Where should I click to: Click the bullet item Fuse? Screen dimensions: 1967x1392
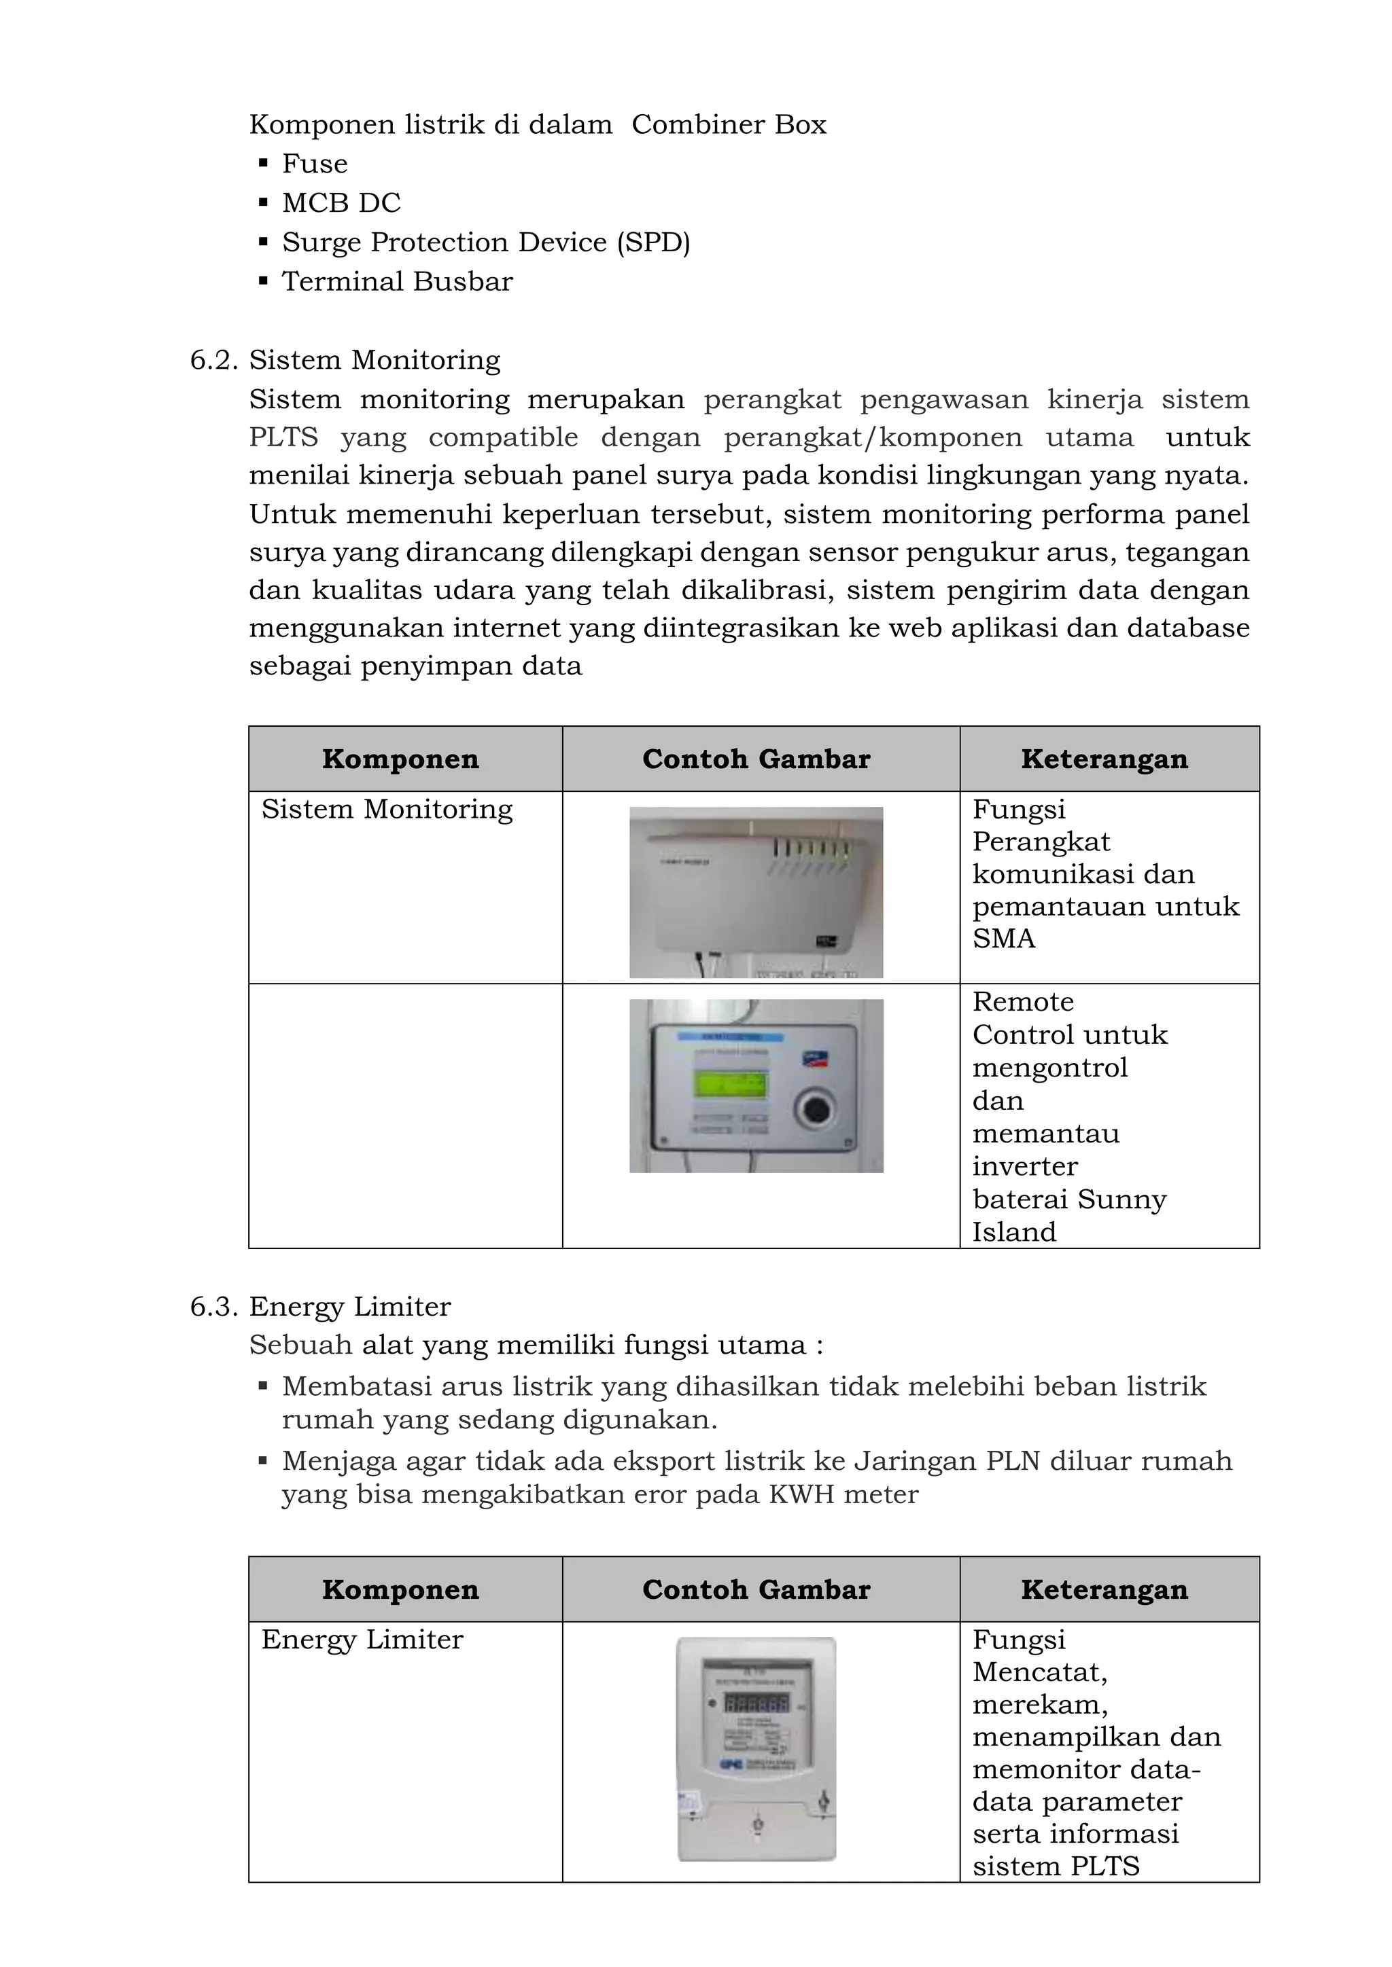pyautogui.click(x=315, y=164)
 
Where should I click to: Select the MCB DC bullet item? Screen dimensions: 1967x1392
pyautogui.click(x=341, y=203)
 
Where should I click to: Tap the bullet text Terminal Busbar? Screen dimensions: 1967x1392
pyautogui.click(x=397, y=282)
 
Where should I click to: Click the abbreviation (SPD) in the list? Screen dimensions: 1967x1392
pyautogui.click(x=652, y=242)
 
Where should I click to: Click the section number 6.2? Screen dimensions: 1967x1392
pyautogui.click(x=213, y=360)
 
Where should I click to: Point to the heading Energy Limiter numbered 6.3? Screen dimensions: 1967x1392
pyautogui.click(x=350, y=1307)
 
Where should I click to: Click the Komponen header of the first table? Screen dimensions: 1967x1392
pyautogui.click(x=400, y=759)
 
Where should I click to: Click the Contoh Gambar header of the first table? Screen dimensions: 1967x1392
pyautogui.click(x=756, y=759)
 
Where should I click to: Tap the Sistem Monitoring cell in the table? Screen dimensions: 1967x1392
pyautogui.click(x=387, y=809)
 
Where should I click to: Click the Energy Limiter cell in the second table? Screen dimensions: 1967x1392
pyautogui.click(x=362, y=1639)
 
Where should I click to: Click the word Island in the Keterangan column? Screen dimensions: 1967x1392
pyautogui.click(x=1013, y=1232)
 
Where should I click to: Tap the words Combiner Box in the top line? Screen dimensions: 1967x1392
pyautogui.click(x=729, y=125)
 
